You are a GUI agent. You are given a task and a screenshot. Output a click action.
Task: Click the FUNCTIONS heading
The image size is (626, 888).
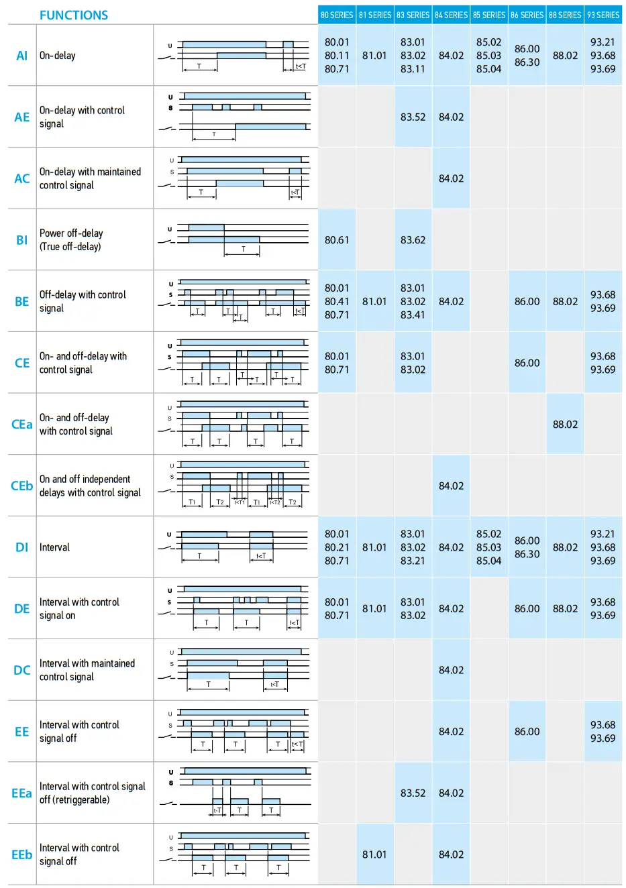point(74,15)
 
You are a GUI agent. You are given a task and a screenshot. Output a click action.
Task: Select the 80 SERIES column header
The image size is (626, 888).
point(337,15)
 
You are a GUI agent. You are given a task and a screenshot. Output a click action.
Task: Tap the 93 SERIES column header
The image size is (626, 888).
point(603,15)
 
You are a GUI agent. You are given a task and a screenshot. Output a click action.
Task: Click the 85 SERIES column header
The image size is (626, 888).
point(489,15)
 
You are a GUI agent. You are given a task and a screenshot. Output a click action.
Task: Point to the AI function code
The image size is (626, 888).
point(22,56)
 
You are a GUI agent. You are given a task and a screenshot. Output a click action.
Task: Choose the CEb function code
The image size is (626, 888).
point(22,486)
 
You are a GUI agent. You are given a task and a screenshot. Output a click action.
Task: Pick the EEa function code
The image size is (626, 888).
point(22,793)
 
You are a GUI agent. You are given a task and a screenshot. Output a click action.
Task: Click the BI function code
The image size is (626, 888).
point(22,240)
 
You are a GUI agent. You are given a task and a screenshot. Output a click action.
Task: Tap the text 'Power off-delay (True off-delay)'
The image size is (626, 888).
point(71,240)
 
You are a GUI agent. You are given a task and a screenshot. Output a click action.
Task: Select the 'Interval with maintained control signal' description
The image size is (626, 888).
point(87,670)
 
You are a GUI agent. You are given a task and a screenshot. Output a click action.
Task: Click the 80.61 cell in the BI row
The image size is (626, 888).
point(337,240)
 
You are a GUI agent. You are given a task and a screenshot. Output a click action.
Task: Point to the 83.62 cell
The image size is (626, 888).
point(413,240)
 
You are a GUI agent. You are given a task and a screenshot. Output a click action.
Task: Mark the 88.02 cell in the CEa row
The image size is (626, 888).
point(565,425)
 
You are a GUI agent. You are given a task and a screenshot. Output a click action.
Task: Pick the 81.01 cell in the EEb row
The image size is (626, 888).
point(374,854)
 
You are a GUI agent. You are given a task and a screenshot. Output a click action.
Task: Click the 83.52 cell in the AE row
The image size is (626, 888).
point(413,117)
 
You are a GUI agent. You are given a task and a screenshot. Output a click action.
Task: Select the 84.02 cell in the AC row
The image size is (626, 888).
point(451,178)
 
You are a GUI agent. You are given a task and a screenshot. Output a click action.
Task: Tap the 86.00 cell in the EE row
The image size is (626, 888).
point(527,732)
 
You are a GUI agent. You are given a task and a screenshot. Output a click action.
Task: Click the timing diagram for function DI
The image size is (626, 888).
point(236,547)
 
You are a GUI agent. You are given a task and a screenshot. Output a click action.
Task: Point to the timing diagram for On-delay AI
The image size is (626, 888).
point(236,56)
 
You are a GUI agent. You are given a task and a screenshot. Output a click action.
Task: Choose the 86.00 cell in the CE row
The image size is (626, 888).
point(527,363)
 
